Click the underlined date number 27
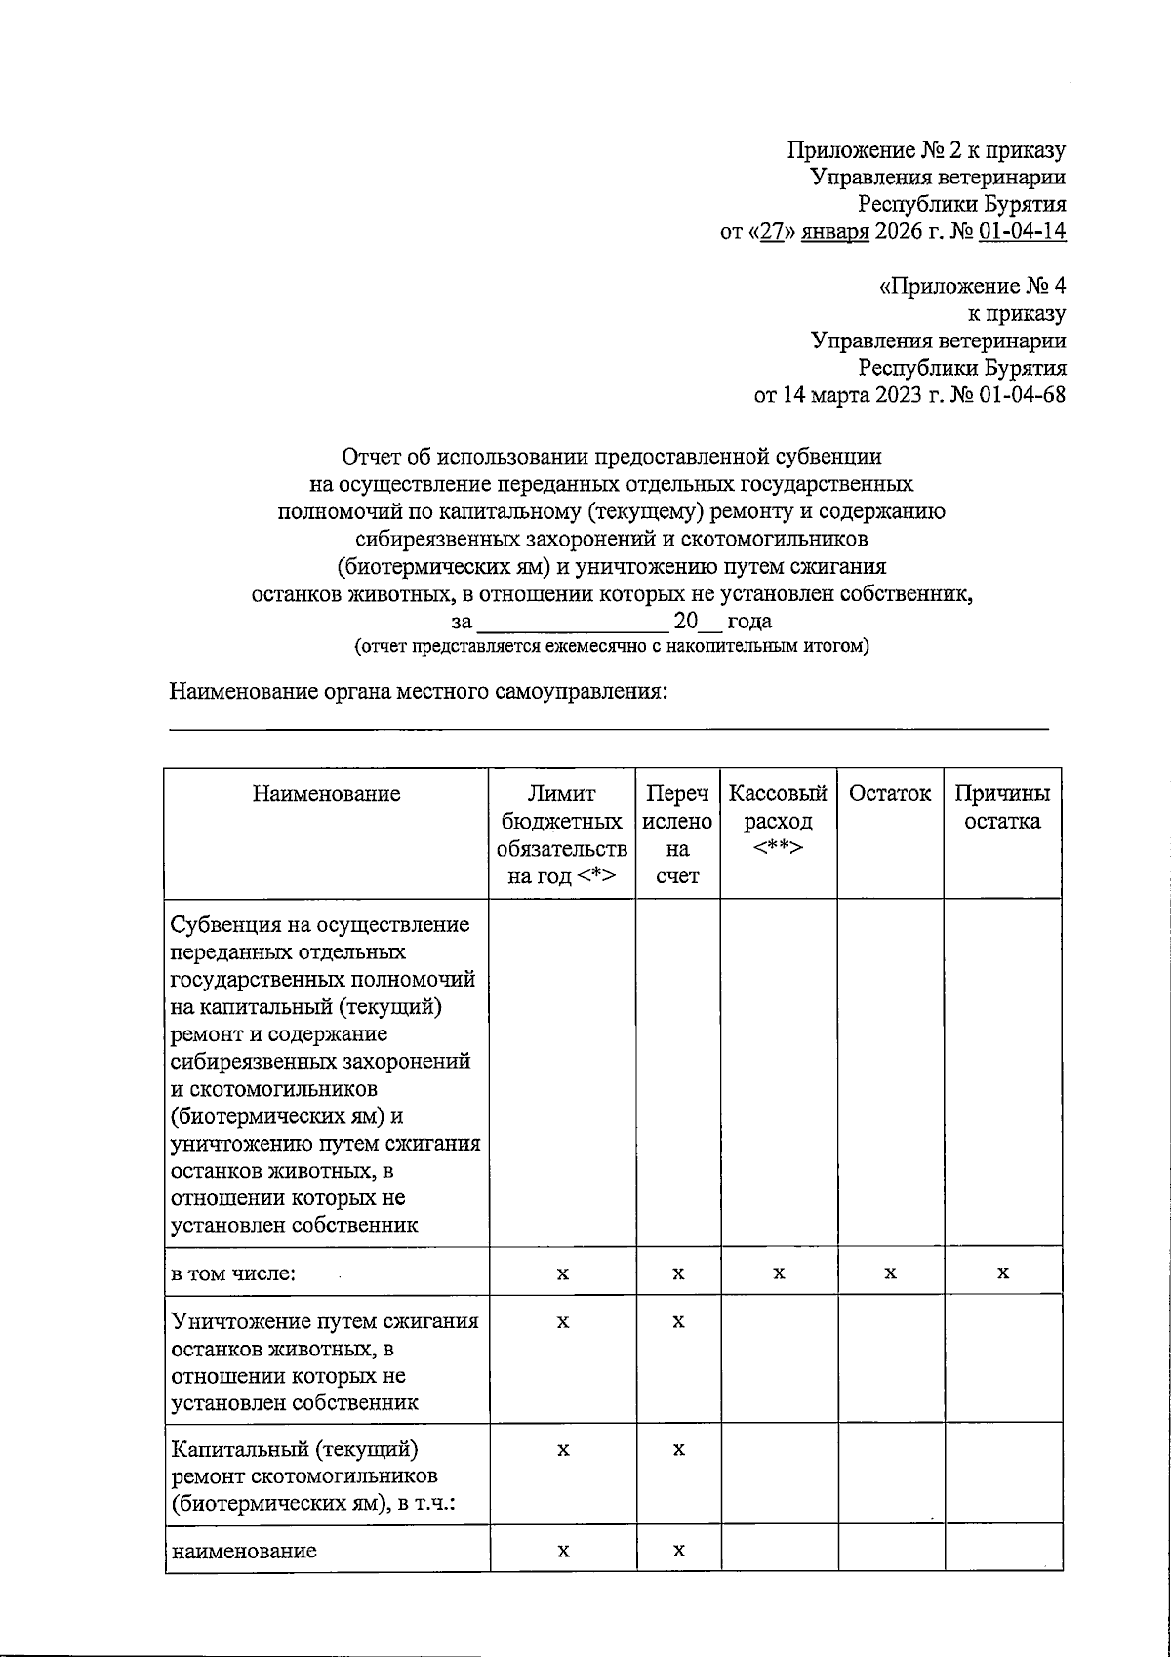click(x=773, y=232)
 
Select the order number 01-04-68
click(x=1025, y=396)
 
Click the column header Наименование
click(x=326, y=794)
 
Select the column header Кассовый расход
click(x=778, y=820)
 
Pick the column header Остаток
click(x=890, y=794)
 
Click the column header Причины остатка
click(x=1002, y=807)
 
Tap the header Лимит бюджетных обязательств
click(x=562, y=834)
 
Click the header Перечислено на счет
click(x=678, y=834)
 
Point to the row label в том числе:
click(x=233, y=1273)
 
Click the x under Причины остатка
click(x=1003, y=1273)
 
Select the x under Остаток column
click(x=890, y=1273)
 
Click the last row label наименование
click(x=244, y=1551)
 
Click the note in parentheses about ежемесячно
click(x=611, y=646)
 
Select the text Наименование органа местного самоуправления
click(x=418, y=692)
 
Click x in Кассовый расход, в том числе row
click(x=778, y=1273)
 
